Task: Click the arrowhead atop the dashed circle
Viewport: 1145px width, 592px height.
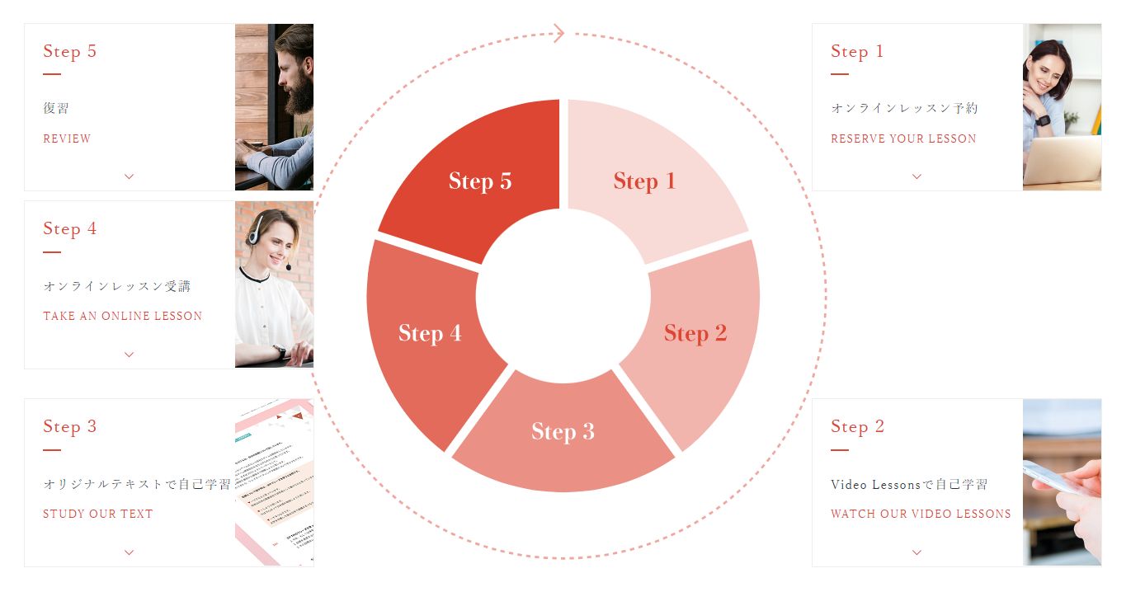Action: (x=559, y=34)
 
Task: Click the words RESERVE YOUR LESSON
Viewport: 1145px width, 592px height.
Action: (x=903, y=139)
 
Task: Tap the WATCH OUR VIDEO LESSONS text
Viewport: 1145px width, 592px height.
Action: (x=921, y=514)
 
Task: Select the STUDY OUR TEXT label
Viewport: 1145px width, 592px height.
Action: (x=97, y=514)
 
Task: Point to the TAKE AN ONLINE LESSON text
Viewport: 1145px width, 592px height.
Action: (x=123, y=316)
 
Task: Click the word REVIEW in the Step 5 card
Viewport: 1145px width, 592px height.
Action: (x=67, y=139)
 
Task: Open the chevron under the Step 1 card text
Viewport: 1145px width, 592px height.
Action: (x=917, y=176)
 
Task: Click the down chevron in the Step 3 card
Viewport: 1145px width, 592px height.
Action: (x=130, y=552)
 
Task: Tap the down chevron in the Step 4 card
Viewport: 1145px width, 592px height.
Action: (x=130, y=354)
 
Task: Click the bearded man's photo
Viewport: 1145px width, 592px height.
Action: (x=274, y=106)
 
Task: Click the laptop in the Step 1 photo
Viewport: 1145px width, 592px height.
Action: (x=1063, y=161)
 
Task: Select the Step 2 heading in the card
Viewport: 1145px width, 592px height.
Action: (x=857, y=426)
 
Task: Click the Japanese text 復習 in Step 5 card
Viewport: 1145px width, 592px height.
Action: (x=56, y=108)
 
